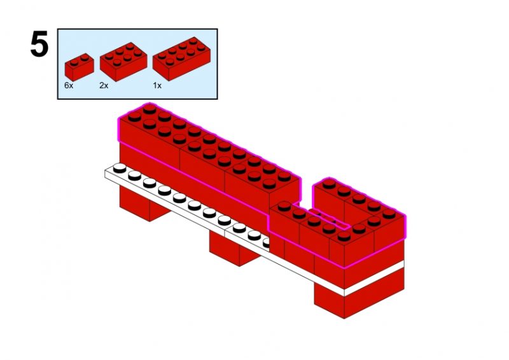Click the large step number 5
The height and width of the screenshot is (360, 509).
[39, 44]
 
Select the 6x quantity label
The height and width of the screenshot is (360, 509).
[69, 85]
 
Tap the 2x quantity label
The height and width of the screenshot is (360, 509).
[104, 85]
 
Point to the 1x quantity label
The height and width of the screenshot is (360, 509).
[157, 85]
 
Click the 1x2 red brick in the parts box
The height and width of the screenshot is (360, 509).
[79, 67]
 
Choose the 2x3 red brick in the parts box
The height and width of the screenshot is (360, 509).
[123, 61]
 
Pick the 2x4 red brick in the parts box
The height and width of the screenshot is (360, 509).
[181, 59]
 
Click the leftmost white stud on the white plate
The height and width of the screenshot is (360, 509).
[120, 168]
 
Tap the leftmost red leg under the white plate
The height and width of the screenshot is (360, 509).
[144, 204]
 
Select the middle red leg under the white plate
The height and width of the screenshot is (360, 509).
[234, 248]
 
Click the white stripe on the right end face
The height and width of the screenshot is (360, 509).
[374, 278]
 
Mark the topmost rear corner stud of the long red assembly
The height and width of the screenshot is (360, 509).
[150, 109]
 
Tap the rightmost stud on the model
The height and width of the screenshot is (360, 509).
[389, 213]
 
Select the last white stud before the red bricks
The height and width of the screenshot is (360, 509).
[267, 242]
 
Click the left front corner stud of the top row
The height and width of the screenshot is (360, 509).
[134, 116]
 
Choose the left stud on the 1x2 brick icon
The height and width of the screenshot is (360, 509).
[74, 61]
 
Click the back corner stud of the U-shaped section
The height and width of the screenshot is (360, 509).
[329, 183]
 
